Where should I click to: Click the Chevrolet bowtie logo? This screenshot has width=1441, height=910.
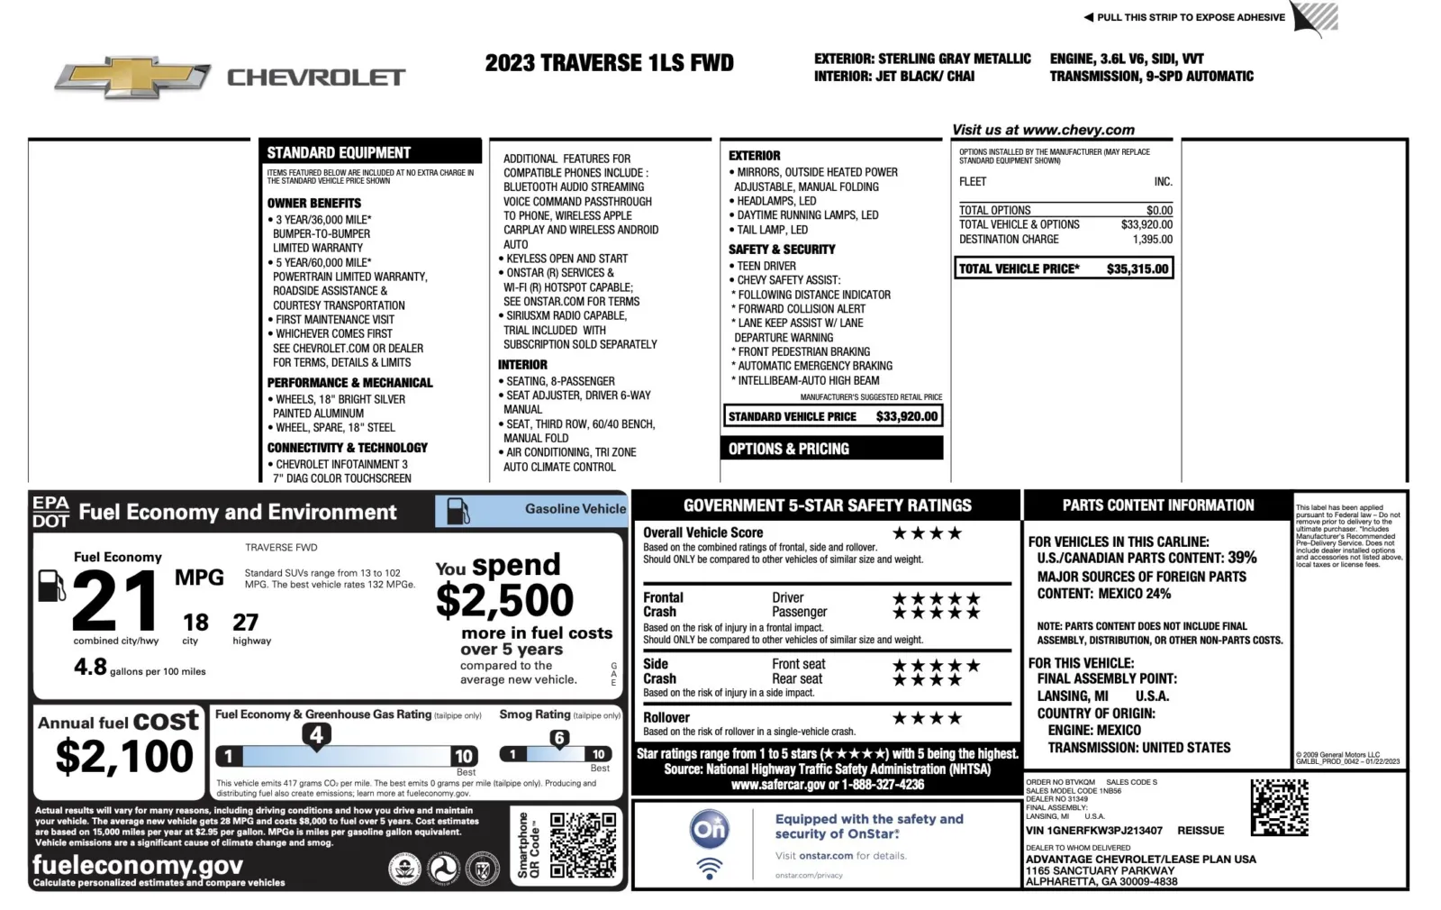[131, 77]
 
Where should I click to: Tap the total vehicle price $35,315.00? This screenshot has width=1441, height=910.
[1137, 268]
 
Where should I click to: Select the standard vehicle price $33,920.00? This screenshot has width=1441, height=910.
[907, 416]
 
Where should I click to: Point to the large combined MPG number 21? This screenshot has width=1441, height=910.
[115, 601]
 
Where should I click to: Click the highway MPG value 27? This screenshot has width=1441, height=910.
[245, 623]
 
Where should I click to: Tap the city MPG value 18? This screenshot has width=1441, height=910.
[195, 623]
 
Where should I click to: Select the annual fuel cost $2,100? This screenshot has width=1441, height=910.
[124, 756]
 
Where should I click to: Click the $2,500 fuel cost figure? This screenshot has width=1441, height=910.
[504, 600]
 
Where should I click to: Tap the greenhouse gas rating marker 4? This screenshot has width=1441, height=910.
[316, 736]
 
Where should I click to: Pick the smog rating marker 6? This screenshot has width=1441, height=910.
[559, 739]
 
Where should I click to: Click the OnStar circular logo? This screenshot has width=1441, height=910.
[709, 829]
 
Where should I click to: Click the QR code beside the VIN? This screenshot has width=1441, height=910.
[1279, 807]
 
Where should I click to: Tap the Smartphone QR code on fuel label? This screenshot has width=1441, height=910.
[584, 845]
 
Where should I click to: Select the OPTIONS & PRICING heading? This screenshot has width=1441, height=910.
[788, 449]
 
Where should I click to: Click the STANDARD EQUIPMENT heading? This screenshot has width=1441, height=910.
[339, 152]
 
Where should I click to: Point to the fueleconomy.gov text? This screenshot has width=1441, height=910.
[138, 865]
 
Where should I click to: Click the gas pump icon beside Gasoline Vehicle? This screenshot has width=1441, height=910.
[458, 511]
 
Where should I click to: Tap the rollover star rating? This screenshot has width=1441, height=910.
[927, 718]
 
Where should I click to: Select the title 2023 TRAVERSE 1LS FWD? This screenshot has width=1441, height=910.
[609, 63]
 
